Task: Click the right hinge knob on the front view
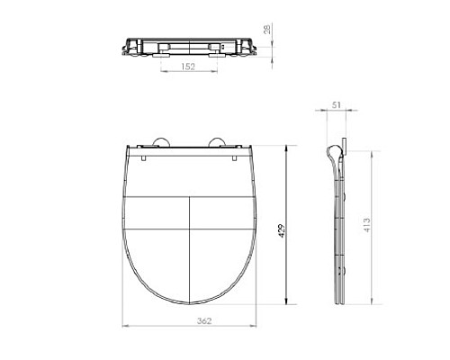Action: click(220, 141)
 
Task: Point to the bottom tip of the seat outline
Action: click(189, 307)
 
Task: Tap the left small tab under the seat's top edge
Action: click(146, 159)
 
